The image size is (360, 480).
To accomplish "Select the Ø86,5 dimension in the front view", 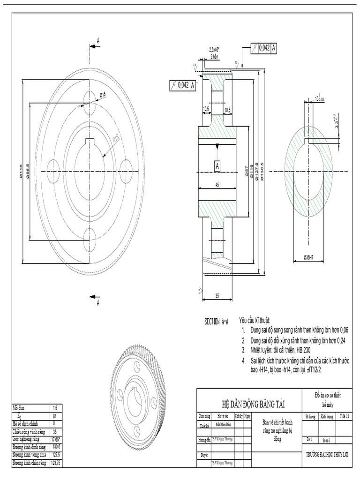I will pos(29,171).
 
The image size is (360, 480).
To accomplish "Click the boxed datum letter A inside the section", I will pos(217,166).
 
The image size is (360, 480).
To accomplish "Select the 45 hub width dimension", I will pos(217,185).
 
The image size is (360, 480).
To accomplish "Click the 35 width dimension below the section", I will pos(217,295).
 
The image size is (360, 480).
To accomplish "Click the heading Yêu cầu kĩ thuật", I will pos(255,320).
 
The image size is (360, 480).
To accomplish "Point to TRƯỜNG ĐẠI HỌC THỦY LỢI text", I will pos(327,455).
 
